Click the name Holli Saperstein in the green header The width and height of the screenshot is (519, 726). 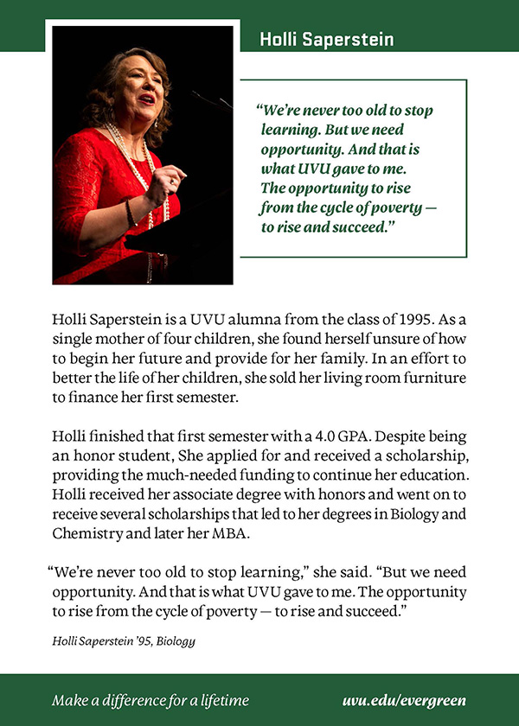[x=327, y=40]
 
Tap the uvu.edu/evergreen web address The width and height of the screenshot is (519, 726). [x=404, y=700]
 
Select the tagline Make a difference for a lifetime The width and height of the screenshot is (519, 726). [x=151, y=700]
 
